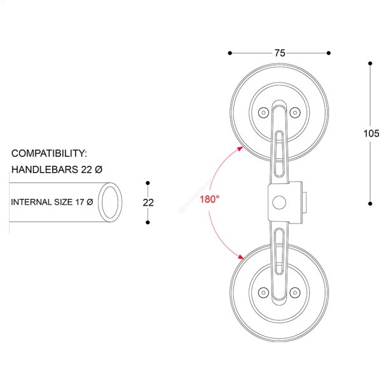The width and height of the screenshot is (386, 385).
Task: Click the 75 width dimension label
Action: coord(280,53)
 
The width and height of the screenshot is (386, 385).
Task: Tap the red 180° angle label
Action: coord(209,199)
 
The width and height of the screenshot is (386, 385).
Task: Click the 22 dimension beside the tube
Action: coord(148,203)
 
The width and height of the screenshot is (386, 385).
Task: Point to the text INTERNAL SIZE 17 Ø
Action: coord(52,202)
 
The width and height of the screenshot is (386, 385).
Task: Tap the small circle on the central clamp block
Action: coord(277,203)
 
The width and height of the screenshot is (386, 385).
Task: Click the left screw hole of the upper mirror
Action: coord(263,112)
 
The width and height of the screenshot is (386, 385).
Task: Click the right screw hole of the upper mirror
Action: coord(294,112)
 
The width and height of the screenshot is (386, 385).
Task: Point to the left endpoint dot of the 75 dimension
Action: coord(230,53)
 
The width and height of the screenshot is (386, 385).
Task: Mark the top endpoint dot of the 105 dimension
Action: coord(370,63)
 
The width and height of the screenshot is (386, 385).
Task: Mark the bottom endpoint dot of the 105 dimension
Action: coord(370,203)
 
